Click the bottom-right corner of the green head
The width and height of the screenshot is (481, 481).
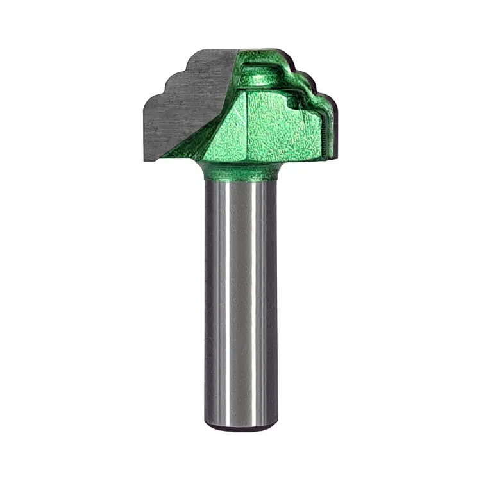330,157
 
